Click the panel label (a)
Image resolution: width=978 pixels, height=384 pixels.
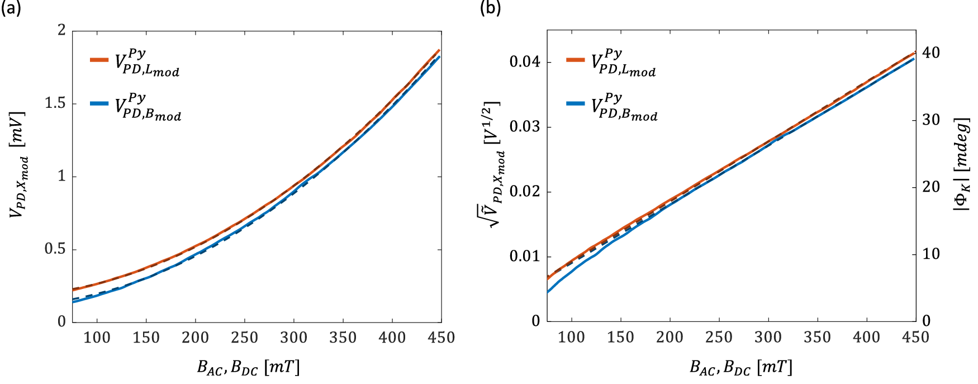tap(11, 8)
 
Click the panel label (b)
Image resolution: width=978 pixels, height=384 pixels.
tap(490, 8)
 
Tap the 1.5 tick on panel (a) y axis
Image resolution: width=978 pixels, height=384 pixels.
tap(55, 103)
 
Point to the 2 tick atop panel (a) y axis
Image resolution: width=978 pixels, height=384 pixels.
tap(61, 30)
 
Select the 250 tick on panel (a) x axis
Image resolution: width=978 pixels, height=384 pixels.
tap(244, 338)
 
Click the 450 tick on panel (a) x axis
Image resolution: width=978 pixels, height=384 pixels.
tap(441, 338)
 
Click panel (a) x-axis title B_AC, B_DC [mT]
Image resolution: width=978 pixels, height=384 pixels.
tap(249, 367)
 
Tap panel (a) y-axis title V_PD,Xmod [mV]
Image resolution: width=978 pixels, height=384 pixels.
tap(18, 165)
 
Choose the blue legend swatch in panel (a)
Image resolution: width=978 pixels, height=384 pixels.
tap(99, 103)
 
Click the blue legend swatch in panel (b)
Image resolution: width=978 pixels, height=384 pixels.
tap(575, 103)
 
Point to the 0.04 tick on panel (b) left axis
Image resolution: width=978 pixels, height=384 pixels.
tap(525, 61)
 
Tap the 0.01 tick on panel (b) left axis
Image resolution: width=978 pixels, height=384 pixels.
tap(525, 257)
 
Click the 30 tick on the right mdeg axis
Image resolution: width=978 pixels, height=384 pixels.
tap(930, 120)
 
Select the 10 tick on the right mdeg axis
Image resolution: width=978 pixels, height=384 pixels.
tap(930, 254)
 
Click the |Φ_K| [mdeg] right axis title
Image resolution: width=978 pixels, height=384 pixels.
tap(962, 165)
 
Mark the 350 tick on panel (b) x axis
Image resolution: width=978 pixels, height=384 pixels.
tap(817, 338)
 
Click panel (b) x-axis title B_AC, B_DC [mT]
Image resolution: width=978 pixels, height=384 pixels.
tap(741, 367)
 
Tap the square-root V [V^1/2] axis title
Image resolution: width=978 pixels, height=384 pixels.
tap(495, 165)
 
